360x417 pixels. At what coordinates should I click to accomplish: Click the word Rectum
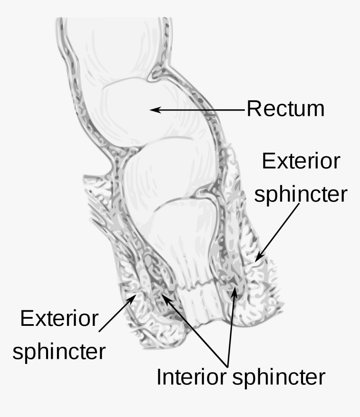(286, 109)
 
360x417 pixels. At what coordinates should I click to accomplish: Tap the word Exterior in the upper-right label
(301, 161)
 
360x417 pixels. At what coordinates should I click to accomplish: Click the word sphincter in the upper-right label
(301, 194)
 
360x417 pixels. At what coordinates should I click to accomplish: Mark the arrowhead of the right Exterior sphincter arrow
(259, 256)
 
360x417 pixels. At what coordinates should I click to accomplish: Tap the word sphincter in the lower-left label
(59, 352)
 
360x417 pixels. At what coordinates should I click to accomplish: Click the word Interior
(192, 377)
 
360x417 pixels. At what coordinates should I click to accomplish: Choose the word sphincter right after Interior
(278, 377)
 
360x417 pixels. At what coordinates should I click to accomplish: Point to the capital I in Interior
(159, 377)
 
